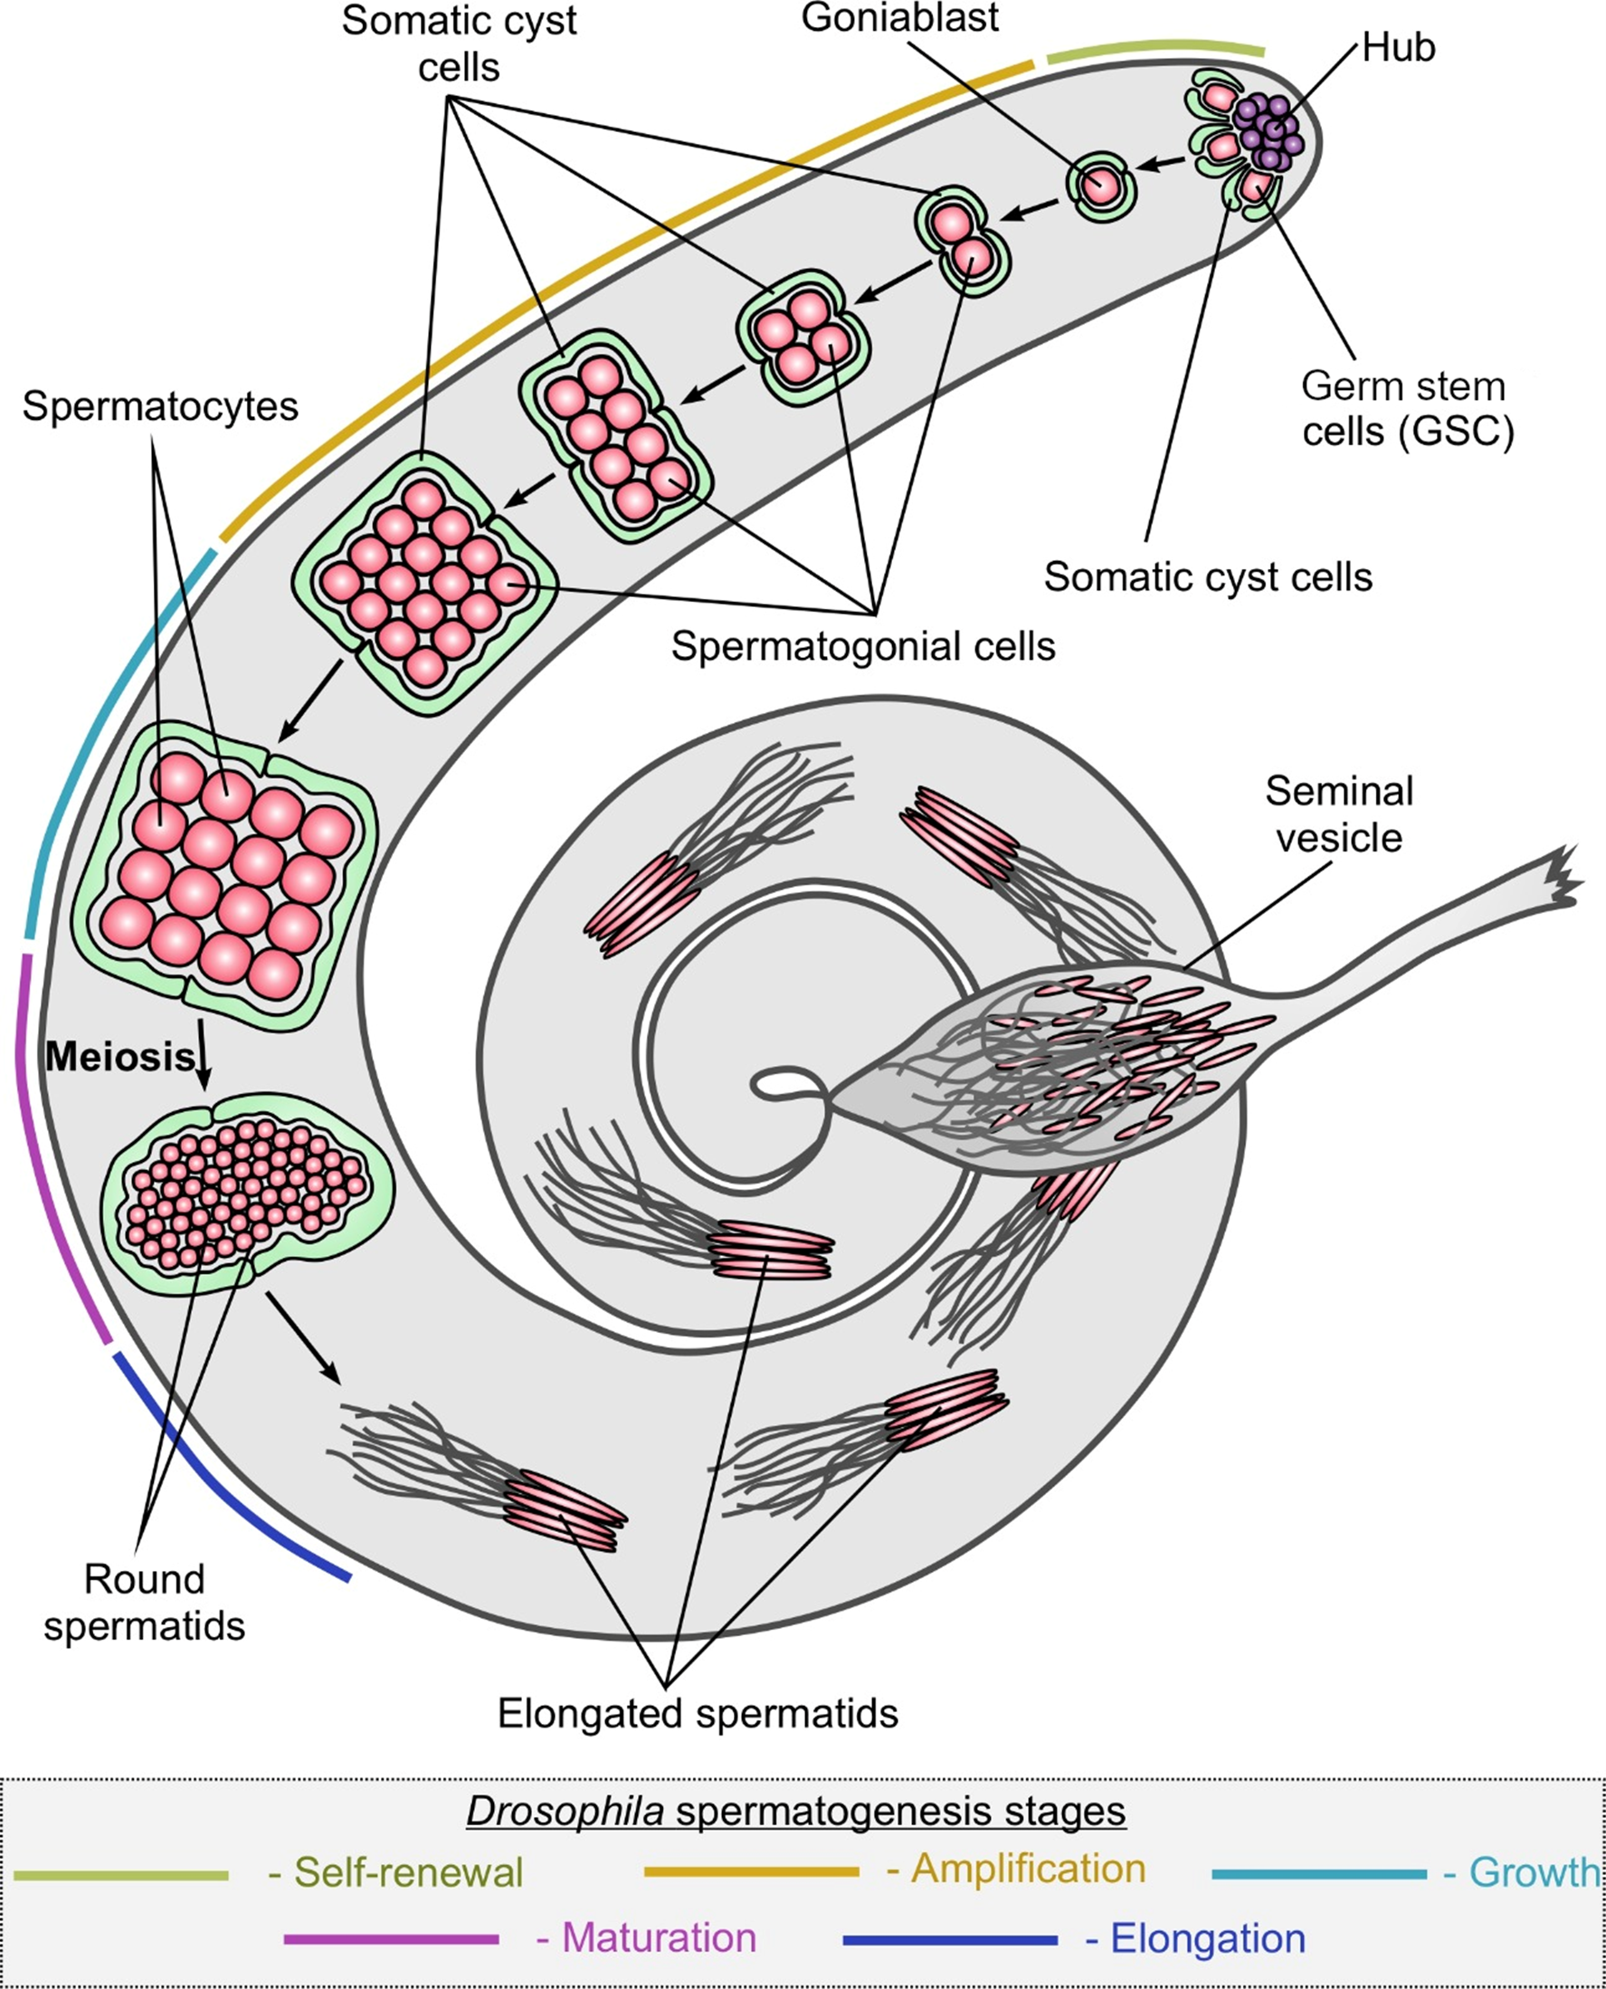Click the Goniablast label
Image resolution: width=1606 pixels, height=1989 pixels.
(899, 18)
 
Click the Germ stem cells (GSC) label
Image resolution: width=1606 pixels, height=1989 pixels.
(1407, 408)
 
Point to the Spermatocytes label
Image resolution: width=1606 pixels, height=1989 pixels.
(160, 406)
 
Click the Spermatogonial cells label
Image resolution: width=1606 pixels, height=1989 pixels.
(862, 646)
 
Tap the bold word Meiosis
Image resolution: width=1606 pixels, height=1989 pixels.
(120, 1055)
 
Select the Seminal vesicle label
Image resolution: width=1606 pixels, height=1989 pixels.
(1339, 814)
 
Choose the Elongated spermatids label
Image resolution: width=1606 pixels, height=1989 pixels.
(698, 1713)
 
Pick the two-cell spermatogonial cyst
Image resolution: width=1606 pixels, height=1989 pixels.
(962, 240)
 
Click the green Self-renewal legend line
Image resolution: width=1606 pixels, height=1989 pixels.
(120, 1875)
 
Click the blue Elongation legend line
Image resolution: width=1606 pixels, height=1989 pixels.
(950, 1939)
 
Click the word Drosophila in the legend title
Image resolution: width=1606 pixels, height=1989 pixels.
(565, 1811)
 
